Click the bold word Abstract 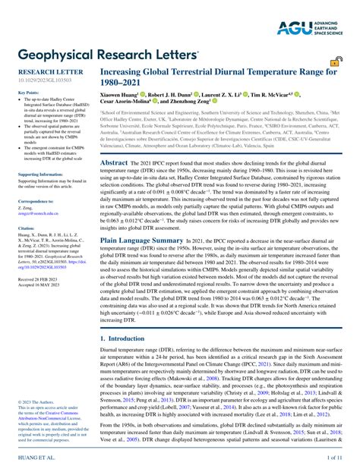(x=114, y=162)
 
